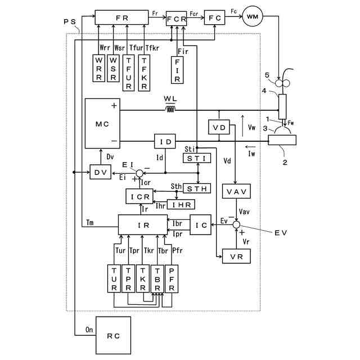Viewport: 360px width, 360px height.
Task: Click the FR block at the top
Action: click(x=121, y=17)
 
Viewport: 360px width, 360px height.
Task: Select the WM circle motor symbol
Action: click(x=253, y=16)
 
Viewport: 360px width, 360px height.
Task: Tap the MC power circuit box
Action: click(x=102, y=124)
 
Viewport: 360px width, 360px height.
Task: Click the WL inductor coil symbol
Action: click(x=170, y=110)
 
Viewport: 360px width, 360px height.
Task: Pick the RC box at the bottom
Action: click(x=114, y=335)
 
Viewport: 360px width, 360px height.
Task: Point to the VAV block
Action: click(x=236, y=191)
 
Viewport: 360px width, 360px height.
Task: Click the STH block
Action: click(x=197, y=189)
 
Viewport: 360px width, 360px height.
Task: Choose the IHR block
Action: click(x=181, y=205)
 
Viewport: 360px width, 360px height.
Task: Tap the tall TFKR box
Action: click(x=144, y=73)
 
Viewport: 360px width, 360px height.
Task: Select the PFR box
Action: click(x=172, y=279)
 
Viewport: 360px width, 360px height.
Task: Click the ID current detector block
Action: click(x=165, y=141)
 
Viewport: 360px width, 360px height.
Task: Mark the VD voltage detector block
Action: click(x=219, y=127)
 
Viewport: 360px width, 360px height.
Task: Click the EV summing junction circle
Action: click(x=236, y=224)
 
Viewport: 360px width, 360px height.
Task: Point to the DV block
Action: click(x=100, y=172)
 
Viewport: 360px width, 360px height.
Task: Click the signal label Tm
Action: click(x=90, y=223)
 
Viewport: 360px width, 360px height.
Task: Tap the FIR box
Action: click(x=177, y=70)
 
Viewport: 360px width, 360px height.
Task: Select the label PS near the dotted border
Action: click(x=70, y=22)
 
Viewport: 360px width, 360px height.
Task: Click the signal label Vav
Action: click(x=244, y=211)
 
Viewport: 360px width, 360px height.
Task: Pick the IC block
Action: click(x=201, y=225)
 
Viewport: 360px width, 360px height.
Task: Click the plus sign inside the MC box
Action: click(x=114, y=106)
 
